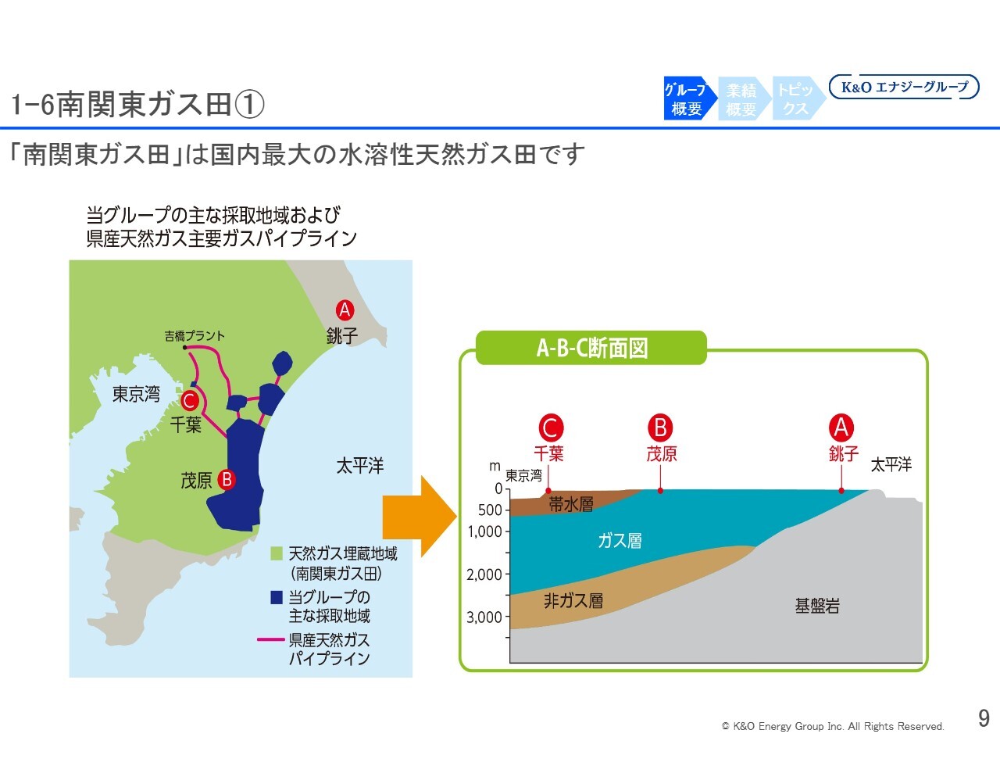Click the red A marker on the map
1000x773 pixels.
345,310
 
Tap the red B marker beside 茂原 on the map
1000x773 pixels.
227,480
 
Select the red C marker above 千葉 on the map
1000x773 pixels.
190,400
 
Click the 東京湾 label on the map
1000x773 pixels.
136,394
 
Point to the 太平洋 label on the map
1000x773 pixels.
360,466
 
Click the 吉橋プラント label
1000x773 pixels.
195,335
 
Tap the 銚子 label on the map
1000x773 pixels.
342,335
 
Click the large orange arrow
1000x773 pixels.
420,517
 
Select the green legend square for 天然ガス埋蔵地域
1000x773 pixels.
276,553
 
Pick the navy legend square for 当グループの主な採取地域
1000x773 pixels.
276,597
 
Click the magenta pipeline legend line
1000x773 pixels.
270,639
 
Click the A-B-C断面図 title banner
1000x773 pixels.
591,348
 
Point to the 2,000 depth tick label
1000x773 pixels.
484,574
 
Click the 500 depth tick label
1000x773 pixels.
490,510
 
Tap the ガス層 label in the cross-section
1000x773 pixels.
620,541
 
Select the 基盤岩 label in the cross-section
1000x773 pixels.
817,606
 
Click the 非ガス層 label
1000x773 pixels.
573,601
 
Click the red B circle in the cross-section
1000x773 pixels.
660,428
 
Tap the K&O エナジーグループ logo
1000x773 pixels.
904,87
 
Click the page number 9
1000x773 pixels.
984,718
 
